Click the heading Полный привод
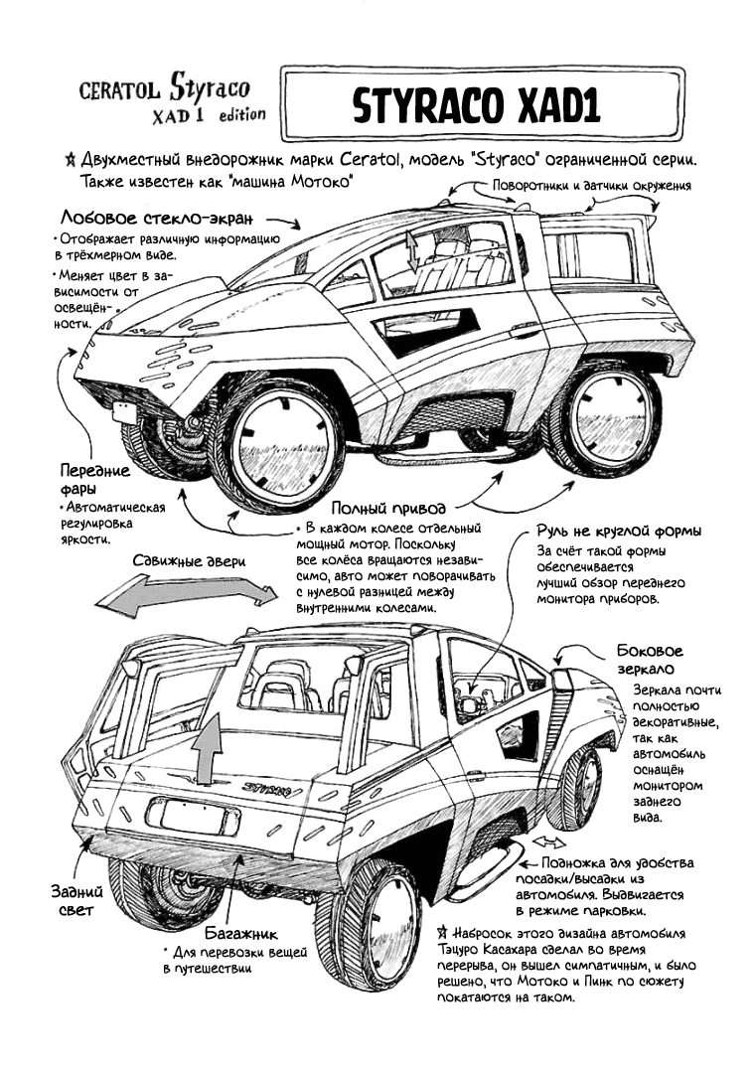(x=386, y=507)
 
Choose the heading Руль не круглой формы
(x=619, y=530)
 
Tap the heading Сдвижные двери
(x=189, y=560)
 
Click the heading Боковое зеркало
(x=649, y=661)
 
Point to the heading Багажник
(x=240, y=934)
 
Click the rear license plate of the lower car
(x=193, y=817)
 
